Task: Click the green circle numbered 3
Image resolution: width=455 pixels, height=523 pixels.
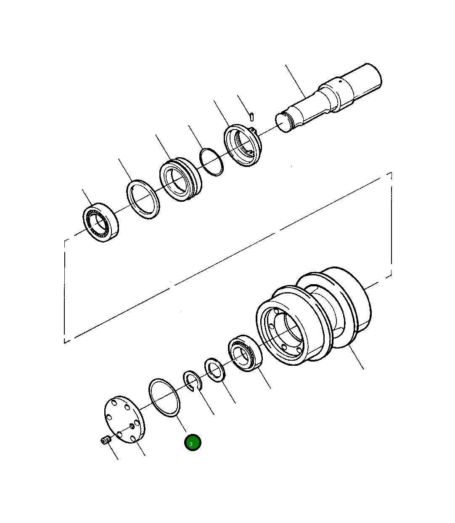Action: pyautogui.click(x=193, y=443)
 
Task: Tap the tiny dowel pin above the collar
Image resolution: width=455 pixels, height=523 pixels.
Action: pyautogui.click(x=251, y=116)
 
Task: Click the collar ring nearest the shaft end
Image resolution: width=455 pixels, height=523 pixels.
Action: pyautogui.click(x=243, y=145)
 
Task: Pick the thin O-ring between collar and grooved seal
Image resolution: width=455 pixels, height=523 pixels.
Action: pyautogui.click(x=212, y=162)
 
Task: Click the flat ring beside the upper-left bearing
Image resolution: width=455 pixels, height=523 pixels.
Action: pyautogui.click(x=143, y=199)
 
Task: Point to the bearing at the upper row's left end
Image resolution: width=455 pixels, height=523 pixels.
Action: pyautogui.click(x=101, y=222)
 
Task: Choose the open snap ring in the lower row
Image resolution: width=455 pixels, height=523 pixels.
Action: pyautogui.click(x=192, y=380)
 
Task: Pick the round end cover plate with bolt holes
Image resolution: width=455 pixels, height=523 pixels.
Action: pyautogui.click(x=124, y=419)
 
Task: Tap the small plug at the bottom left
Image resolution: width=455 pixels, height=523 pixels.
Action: pyautogui.click(x=105, y=440)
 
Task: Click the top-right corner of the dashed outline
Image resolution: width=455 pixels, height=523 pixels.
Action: pyautogui.click(x=392, y=172)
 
